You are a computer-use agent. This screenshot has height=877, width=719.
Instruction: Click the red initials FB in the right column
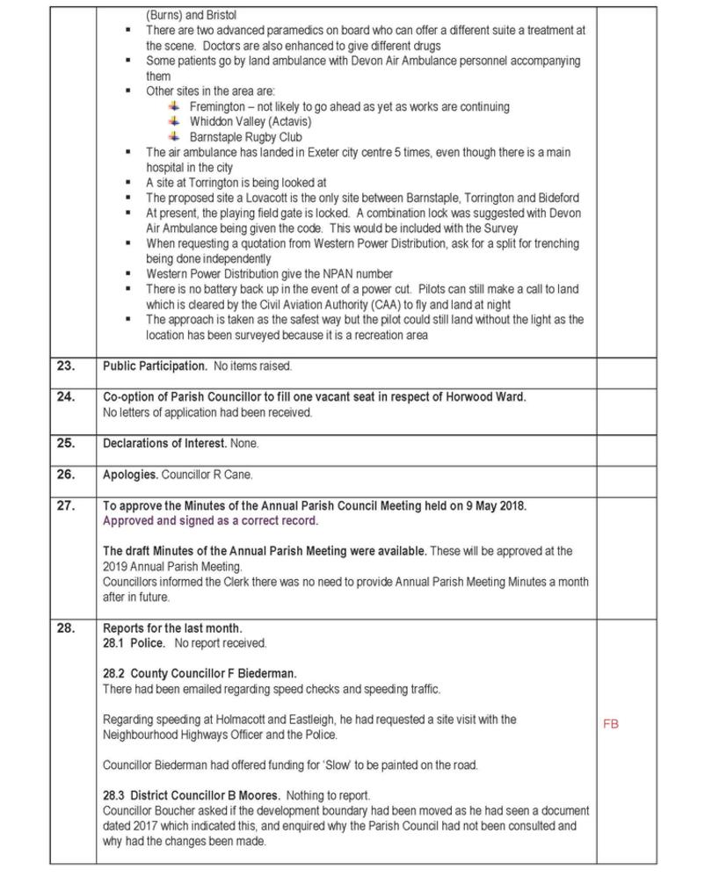611,724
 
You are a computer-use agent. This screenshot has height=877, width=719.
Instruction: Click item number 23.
66,366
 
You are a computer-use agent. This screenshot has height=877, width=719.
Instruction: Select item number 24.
66,397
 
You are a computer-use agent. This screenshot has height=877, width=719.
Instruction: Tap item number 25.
66,444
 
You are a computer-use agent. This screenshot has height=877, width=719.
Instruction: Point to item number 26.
66,475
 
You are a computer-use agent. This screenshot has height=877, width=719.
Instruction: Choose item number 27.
66,506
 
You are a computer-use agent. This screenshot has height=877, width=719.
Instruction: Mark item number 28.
66,628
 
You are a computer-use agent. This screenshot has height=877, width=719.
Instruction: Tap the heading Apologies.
131,475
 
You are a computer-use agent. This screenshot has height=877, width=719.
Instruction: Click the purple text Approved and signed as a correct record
211,521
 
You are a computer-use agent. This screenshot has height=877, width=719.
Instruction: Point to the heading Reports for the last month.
172,628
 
